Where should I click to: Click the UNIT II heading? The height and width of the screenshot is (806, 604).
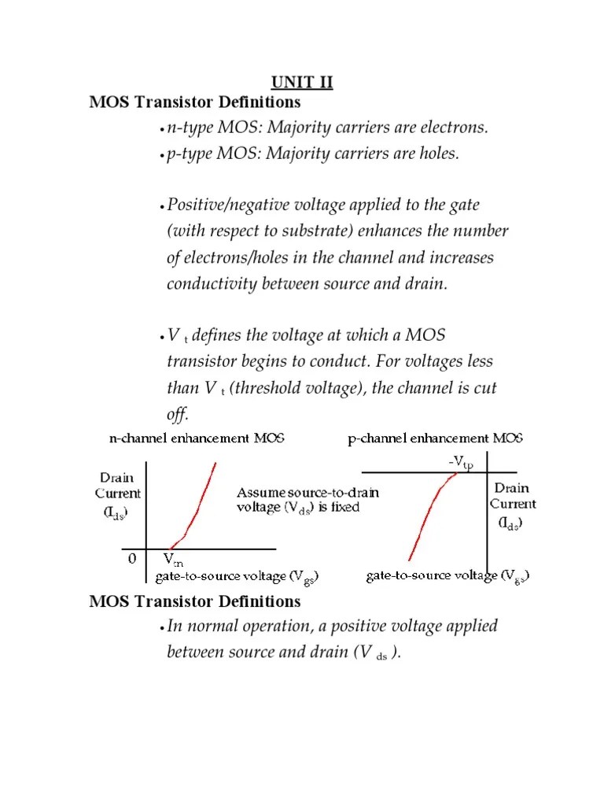coord(302,83)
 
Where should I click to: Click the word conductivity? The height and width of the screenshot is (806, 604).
coord(208,284)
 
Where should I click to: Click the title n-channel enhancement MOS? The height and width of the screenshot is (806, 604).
coord(197,438)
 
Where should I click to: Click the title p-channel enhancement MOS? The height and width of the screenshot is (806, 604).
coord(436,438)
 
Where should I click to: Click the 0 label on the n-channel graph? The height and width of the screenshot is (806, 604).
coord(132,559)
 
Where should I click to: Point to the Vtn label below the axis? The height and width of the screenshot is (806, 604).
coord(173,560)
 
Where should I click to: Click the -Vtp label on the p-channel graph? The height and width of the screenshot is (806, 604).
coord(461,464)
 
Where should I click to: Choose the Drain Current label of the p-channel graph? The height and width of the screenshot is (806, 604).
coord(514,505)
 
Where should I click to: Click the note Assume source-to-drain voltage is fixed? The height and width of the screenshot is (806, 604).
coord(308,500)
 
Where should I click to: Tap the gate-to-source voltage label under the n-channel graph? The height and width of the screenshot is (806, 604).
coord(237,577)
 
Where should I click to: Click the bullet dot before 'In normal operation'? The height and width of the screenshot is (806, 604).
coord(161,628)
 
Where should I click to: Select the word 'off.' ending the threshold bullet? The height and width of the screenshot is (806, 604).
coord(178,415)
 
